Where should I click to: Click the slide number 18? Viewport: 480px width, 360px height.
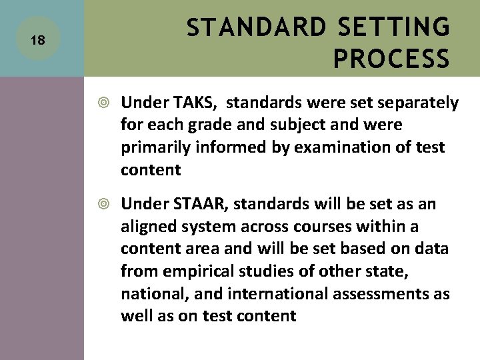38,41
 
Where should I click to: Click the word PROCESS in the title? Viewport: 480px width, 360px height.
391,59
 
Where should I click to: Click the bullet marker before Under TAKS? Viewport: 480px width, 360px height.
105,103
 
